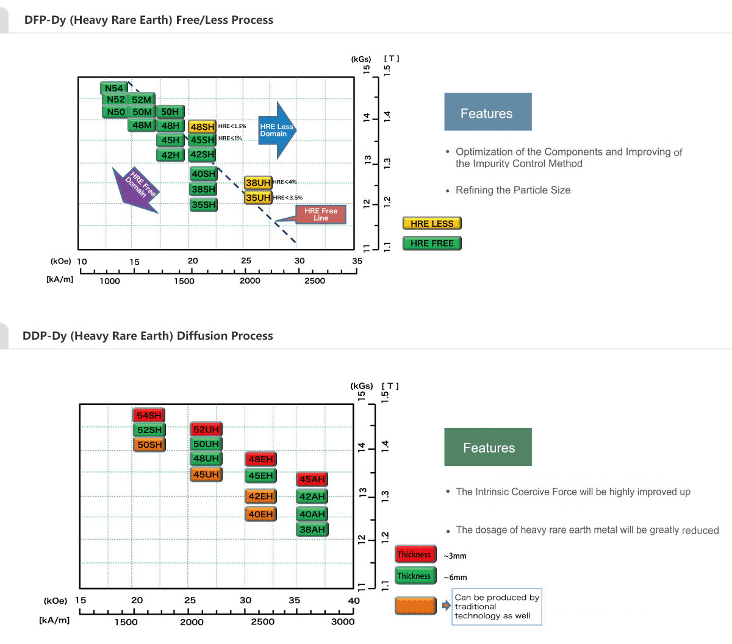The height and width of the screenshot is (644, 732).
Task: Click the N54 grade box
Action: [114, 88]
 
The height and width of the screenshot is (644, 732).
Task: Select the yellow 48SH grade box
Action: [202, 127]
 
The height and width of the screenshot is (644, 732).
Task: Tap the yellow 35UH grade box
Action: [258, 198]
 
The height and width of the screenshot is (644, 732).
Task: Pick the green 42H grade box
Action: [171, 155]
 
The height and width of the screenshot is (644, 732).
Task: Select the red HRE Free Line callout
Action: [320, 214]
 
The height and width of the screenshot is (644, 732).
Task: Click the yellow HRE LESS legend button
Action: [432, 224]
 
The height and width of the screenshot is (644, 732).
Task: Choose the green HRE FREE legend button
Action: [432, 243]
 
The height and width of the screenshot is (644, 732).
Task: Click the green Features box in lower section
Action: [488, 447]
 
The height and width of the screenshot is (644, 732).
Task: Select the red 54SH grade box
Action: [149, 415]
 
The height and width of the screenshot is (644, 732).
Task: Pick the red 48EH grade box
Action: [260, 459]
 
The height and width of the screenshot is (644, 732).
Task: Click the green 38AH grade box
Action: [312, 529]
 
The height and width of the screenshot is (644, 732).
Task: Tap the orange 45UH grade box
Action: [206, 474]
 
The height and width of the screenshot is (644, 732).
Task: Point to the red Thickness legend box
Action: [415, 554]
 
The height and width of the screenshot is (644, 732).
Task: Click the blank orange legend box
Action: [415, 606]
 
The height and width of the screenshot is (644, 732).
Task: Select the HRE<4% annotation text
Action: [285, 182]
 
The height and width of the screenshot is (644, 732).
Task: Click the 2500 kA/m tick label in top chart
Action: [315, 281]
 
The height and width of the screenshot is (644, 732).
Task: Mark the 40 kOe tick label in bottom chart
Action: [354, 600]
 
